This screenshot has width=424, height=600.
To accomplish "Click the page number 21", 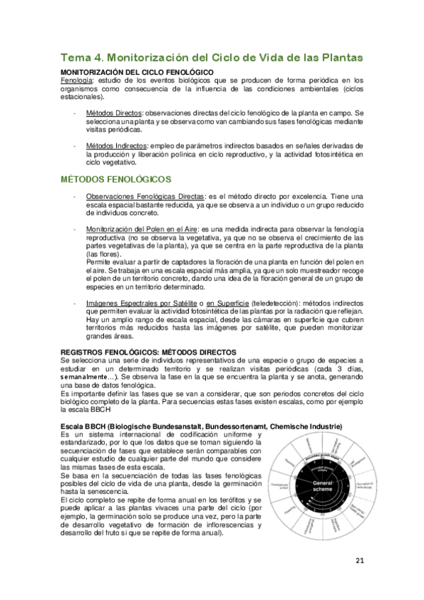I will (359, 561).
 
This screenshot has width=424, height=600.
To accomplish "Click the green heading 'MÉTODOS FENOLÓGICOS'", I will (116, 180).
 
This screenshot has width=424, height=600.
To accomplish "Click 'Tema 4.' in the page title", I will (84, 57).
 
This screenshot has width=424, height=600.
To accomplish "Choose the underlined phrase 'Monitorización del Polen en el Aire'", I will (142, 229).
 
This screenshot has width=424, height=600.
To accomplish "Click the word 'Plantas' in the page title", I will (339, 57).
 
